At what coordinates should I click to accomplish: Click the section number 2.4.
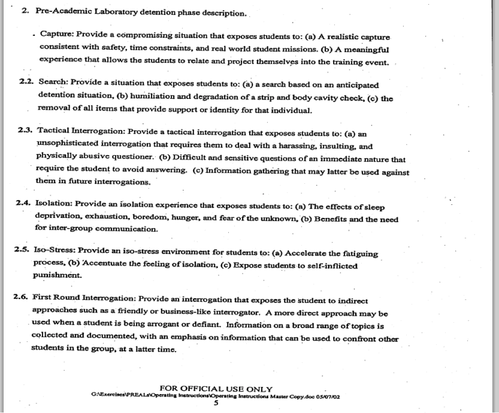coord(26,202)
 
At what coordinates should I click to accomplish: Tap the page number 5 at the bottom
coord(215,403)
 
